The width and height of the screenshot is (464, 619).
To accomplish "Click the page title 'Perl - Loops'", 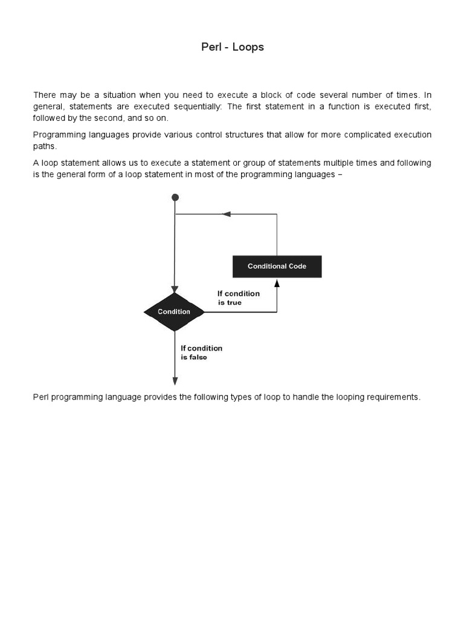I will coord(233,47).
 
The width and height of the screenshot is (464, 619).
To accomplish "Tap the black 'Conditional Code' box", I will coord(277,267).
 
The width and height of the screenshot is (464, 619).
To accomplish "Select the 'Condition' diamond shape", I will coord(174,312).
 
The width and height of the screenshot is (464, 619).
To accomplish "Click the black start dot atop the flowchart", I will coord(175,198).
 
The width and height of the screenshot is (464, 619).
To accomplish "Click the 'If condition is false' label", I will coord(201,352).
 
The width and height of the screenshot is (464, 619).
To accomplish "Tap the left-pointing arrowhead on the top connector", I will coord(227,214).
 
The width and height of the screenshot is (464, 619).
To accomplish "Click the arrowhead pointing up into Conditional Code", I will coord(277,283).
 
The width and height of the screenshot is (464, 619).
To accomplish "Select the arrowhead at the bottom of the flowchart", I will coord(175,381).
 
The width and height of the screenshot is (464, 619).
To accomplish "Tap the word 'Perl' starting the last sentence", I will coord(40,397).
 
